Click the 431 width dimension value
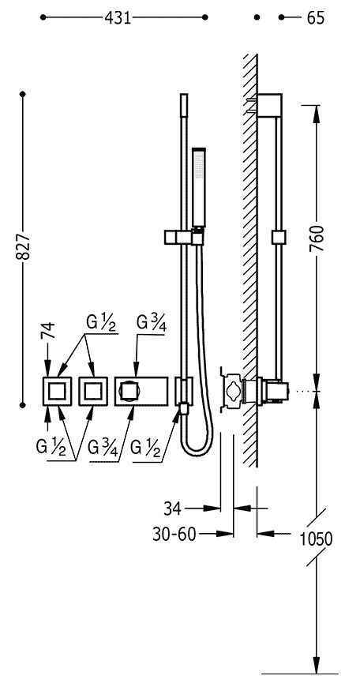pos(118,17)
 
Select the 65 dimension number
pos(316,18)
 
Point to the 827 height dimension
pos(23,246)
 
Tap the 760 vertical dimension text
pos(317,238)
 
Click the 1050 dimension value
pos(316,539)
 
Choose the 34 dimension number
pos(173,509)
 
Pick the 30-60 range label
pos(174,534)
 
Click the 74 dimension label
pos(48,330)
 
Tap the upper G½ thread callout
pos(102,323)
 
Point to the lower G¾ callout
pos(103,449)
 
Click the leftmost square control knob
pos(57,391)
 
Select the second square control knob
pos(93,391)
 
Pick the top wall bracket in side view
pos(269,106)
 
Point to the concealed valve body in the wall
pos(232,391)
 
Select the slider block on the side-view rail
pos(279,237)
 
